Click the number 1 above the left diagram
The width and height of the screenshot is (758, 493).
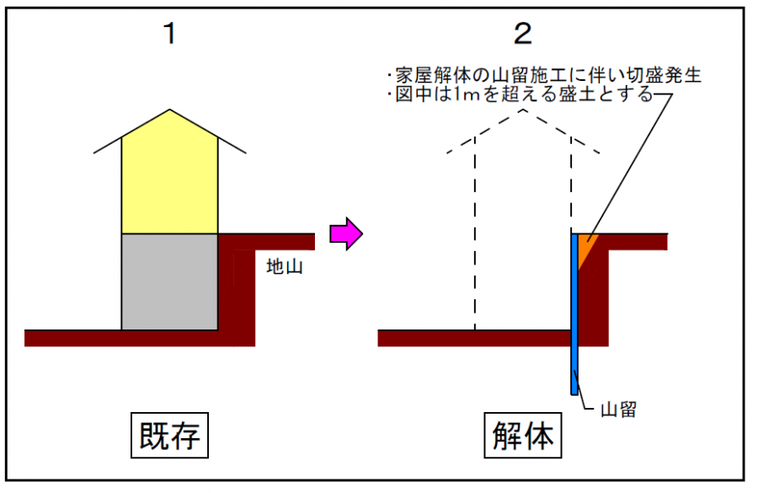(170, 35)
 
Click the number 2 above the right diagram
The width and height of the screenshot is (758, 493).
(523, 35)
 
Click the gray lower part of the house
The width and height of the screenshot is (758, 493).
(170, 281)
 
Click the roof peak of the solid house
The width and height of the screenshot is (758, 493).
(170, 111)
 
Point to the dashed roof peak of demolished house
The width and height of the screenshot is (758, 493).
(523, 111)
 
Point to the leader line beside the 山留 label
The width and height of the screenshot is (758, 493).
(585, 403)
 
